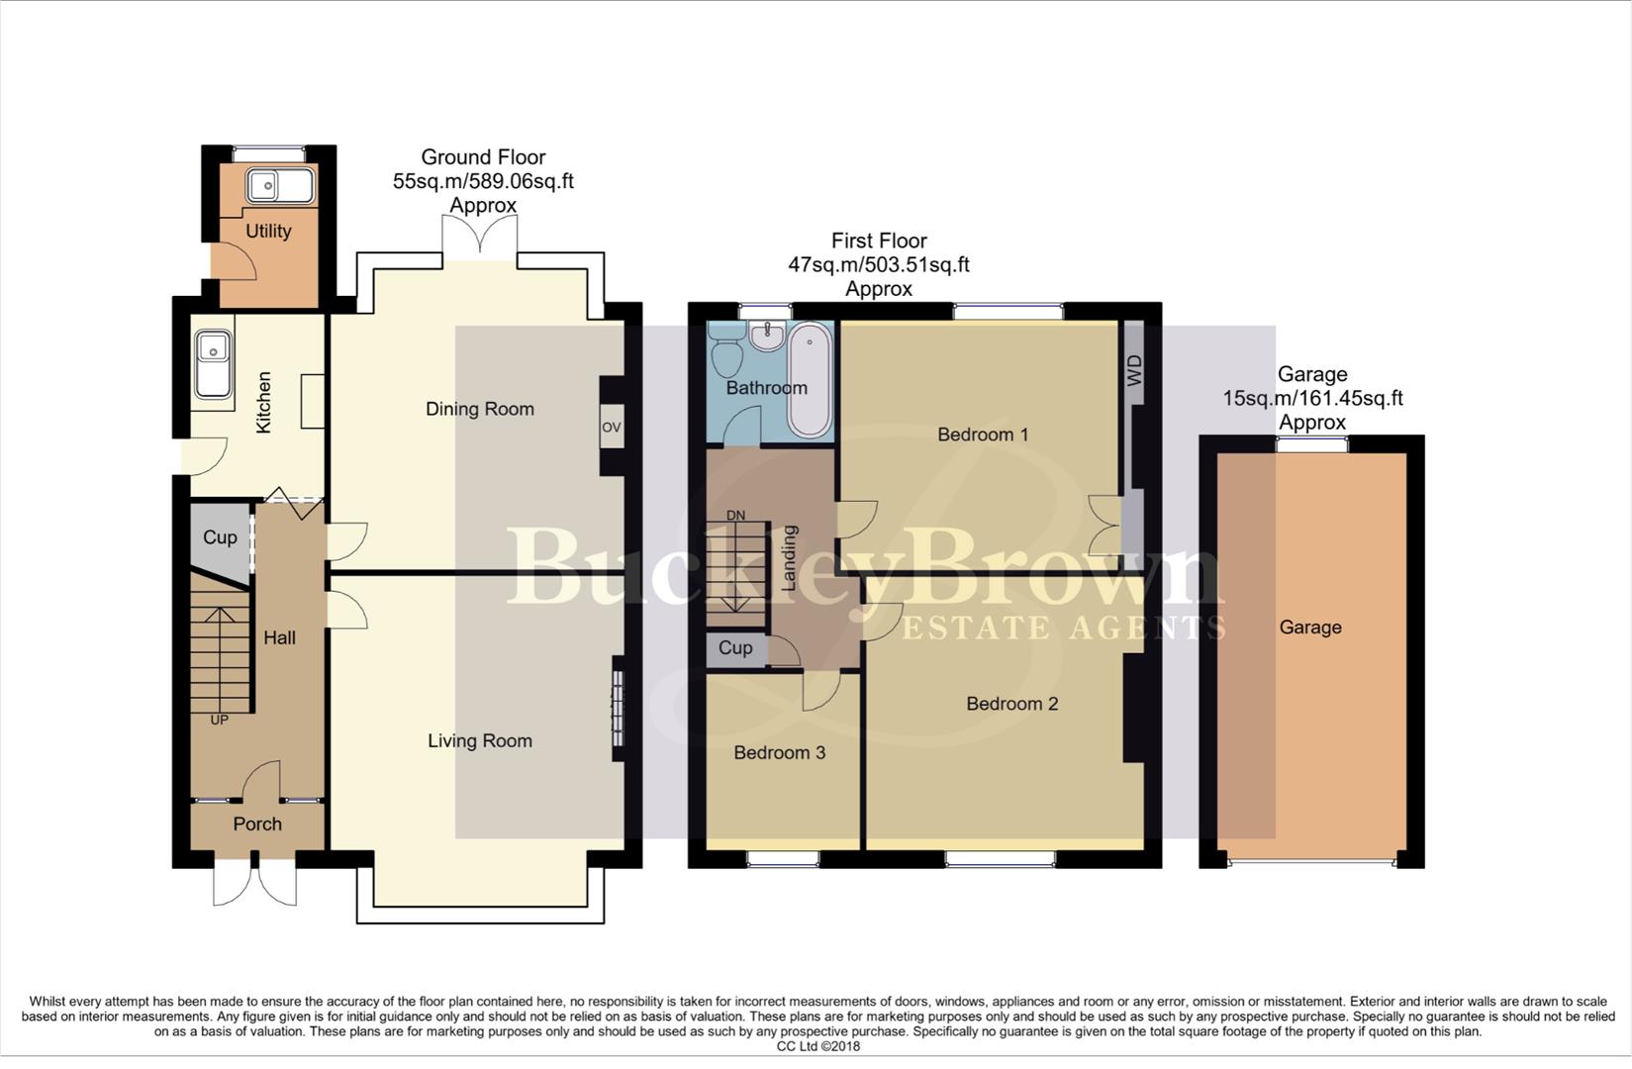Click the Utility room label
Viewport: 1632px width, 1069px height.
click(x=268, y=231)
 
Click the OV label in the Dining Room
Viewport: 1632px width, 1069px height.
click(x=611, y=428)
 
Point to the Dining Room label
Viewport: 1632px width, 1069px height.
click(x=479, y=409)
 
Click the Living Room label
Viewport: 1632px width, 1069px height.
click(x=479, y=740)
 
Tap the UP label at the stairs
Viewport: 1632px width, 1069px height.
click(x=219, y=720)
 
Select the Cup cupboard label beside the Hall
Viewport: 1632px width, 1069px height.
click(x=220, y=537)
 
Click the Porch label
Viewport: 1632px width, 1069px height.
click(x=257, y=824)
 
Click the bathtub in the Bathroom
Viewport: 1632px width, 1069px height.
click(x=811, y=381)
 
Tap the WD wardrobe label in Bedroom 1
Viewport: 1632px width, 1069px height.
click(x=1135, y=370)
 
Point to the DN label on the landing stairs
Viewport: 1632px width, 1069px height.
click(x=735, y=516)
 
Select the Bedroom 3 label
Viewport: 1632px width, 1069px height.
click(x=779, y=752)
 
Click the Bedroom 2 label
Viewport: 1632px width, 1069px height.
click(x=1011, y=704)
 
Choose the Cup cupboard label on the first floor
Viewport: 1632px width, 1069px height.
click(x=735, y=647)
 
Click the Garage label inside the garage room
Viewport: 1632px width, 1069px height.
click(x=1309, y=627)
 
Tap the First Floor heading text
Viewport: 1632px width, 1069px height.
click(x=878, y=241)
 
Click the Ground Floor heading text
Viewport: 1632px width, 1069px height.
click(x=483, y=156)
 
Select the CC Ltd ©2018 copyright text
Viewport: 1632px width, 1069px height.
click(x=817, y=1046)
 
